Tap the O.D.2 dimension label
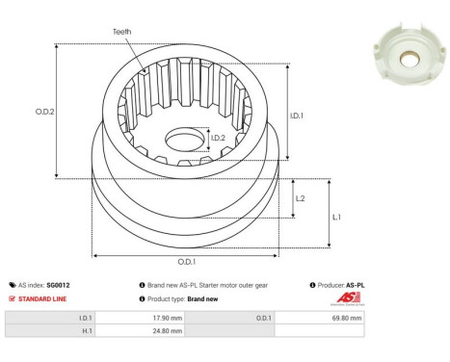43,111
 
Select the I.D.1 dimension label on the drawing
298,116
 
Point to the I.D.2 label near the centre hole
219,139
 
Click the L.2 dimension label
301,198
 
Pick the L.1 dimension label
335,217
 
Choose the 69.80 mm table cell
347,317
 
